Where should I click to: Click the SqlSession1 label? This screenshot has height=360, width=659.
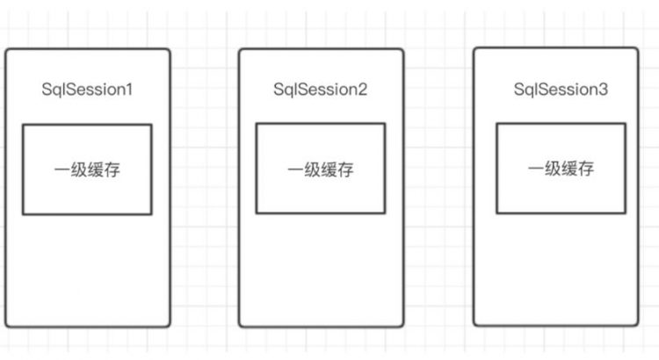[x=87, y=90]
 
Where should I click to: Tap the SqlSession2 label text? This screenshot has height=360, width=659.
[x=320, y=90]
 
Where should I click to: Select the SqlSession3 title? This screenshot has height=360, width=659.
[x=561, y=90]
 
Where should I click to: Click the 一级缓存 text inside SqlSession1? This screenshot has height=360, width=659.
[x=87, y=169]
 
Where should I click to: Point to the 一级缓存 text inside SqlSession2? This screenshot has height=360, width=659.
[x=320, y=169]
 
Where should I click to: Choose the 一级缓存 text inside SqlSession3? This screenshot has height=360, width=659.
[x=561, y=169]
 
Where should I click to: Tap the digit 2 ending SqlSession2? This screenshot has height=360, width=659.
[x=363, y=90]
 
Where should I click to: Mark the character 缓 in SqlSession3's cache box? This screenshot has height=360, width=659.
[x=569, y=169]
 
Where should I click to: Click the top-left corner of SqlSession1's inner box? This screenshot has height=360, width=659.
[x=23, y=125]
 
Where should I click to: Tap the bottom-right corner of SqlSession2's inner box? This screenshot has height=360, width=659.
[x=385, y=213]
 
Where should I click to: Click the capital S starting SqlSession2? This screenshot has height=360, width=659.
[x=279, y=90]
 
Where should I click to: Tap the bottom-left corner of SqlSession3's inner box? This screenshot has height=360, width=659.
[x=496, y=212]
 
